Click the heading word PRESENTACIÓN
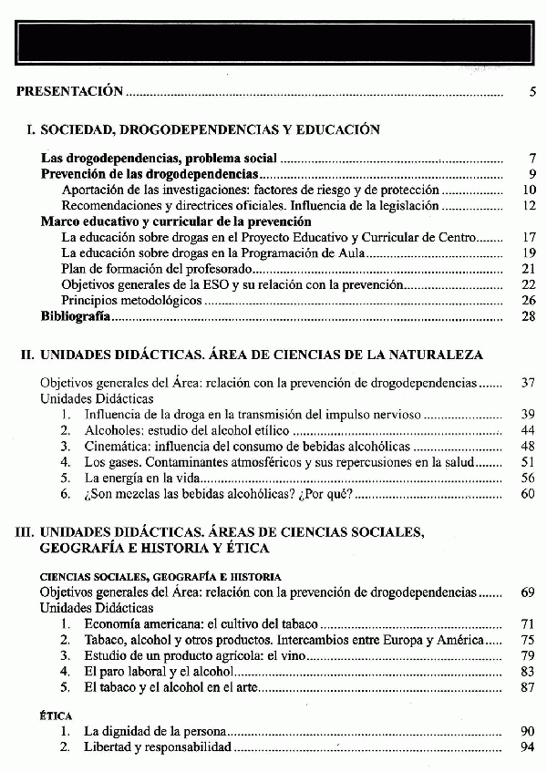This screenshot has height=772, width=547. tap(69, 91)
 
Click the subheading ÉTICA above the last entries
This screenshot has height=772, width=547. tap(57, 716)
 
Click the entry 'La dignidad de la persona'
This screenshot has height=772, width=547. tap(154, 732)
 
